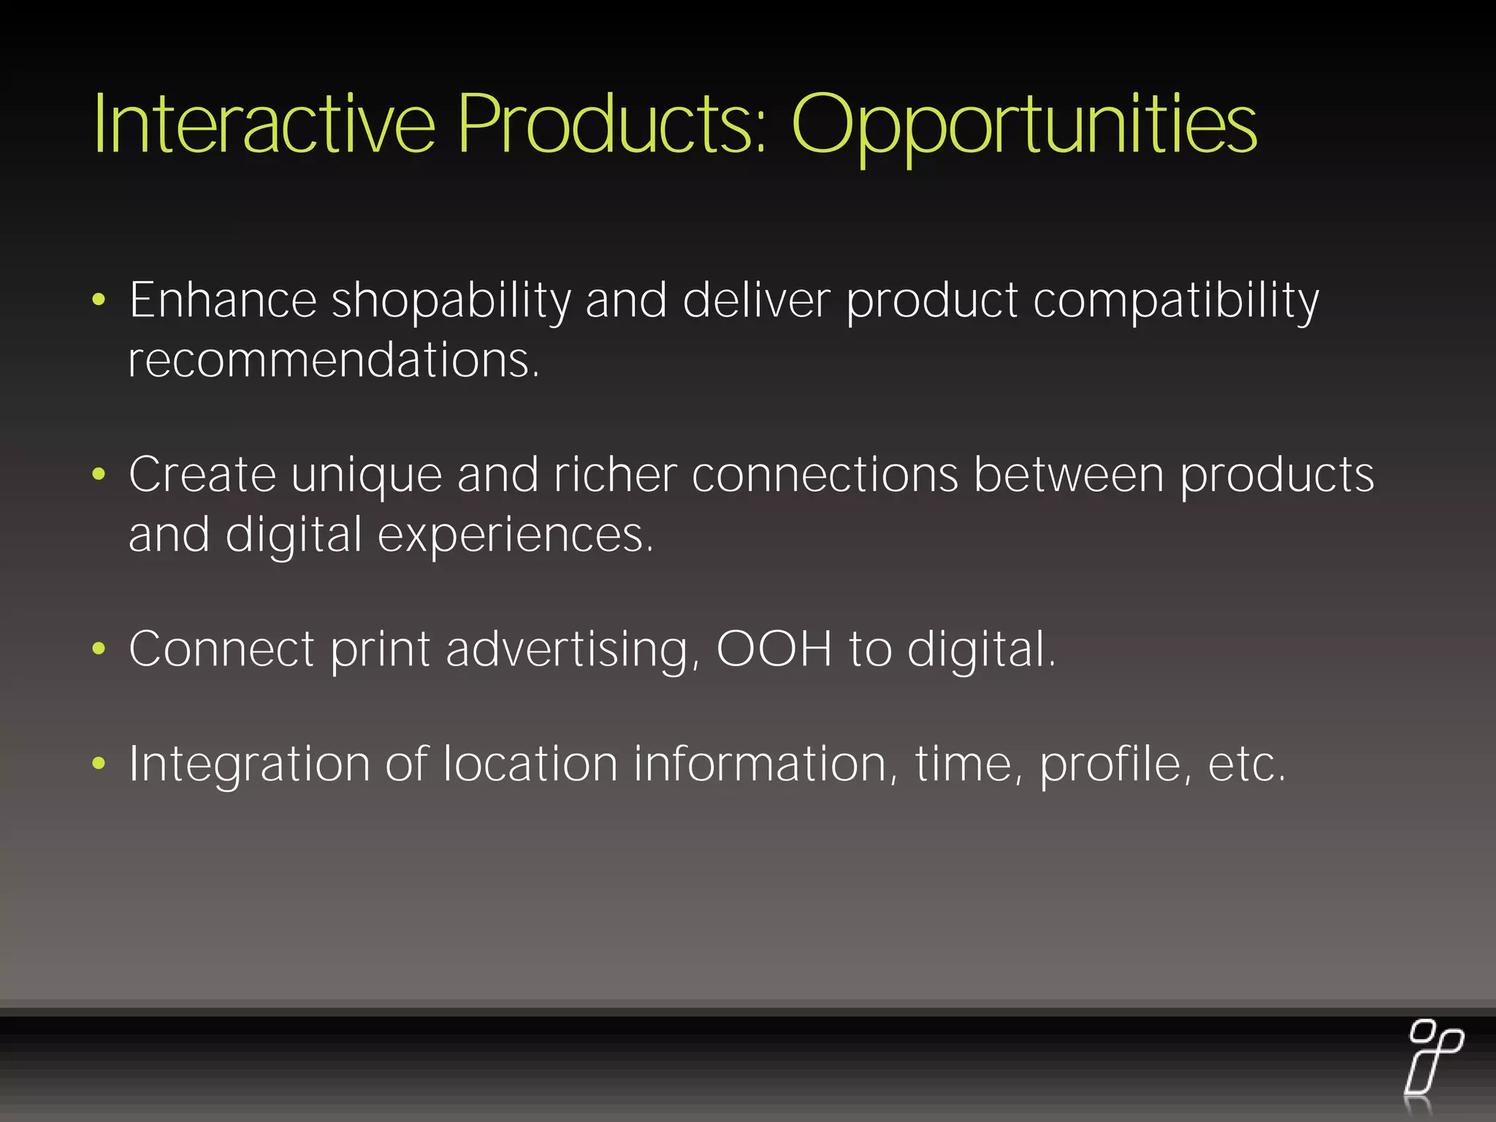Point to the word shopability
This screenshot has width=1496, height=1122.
(451, 301)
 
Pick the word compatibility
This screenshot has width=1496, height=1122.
(1175, 301)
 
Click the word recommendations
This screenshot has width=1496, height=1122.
(333, 360)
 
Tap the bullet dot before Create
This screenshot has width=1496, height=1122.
(99, 475)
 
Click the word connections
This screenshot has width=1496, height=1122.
(825, 475)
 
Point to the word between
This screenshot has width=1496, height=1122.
(1069, 475)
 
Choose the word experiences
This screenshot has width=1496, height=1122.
(514, 535)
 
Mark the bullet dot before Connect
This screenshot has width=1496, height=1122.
(99, 649)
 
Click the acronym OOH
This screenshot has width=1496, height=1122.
(774, 649)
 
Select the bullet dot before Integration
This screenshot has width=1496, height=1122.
(99, 764)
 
